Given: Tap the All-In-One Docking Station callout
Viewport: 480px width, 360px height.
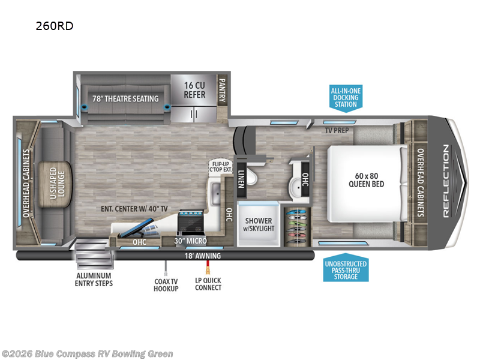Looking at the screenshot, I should [x=346, y=97].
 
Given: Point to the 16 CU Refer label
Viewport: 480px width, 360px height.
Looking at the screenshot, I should [x=194, y=91].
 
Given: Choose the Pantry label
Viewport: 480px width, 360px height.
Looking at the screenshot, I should [x=221, y=90].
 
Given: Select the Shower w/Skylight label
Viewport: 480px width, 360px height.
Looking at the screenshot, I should [x=258, y=224].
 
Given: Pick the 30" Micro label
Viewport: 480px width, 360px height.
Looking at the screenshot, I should [x=190, y=241].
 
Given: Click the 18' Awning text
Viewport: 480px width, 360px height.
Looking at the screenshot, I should [x=202, y=256].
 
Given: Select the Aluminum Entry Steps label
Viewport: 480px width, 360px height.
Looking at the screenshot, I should [x=95, y=280].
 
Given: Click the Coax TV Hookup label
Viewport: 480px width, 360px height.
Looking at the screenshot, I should [x=166, y=284].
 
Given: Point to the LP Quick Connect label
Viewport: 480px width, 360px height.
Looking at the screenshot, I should [x=208, y=284].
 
